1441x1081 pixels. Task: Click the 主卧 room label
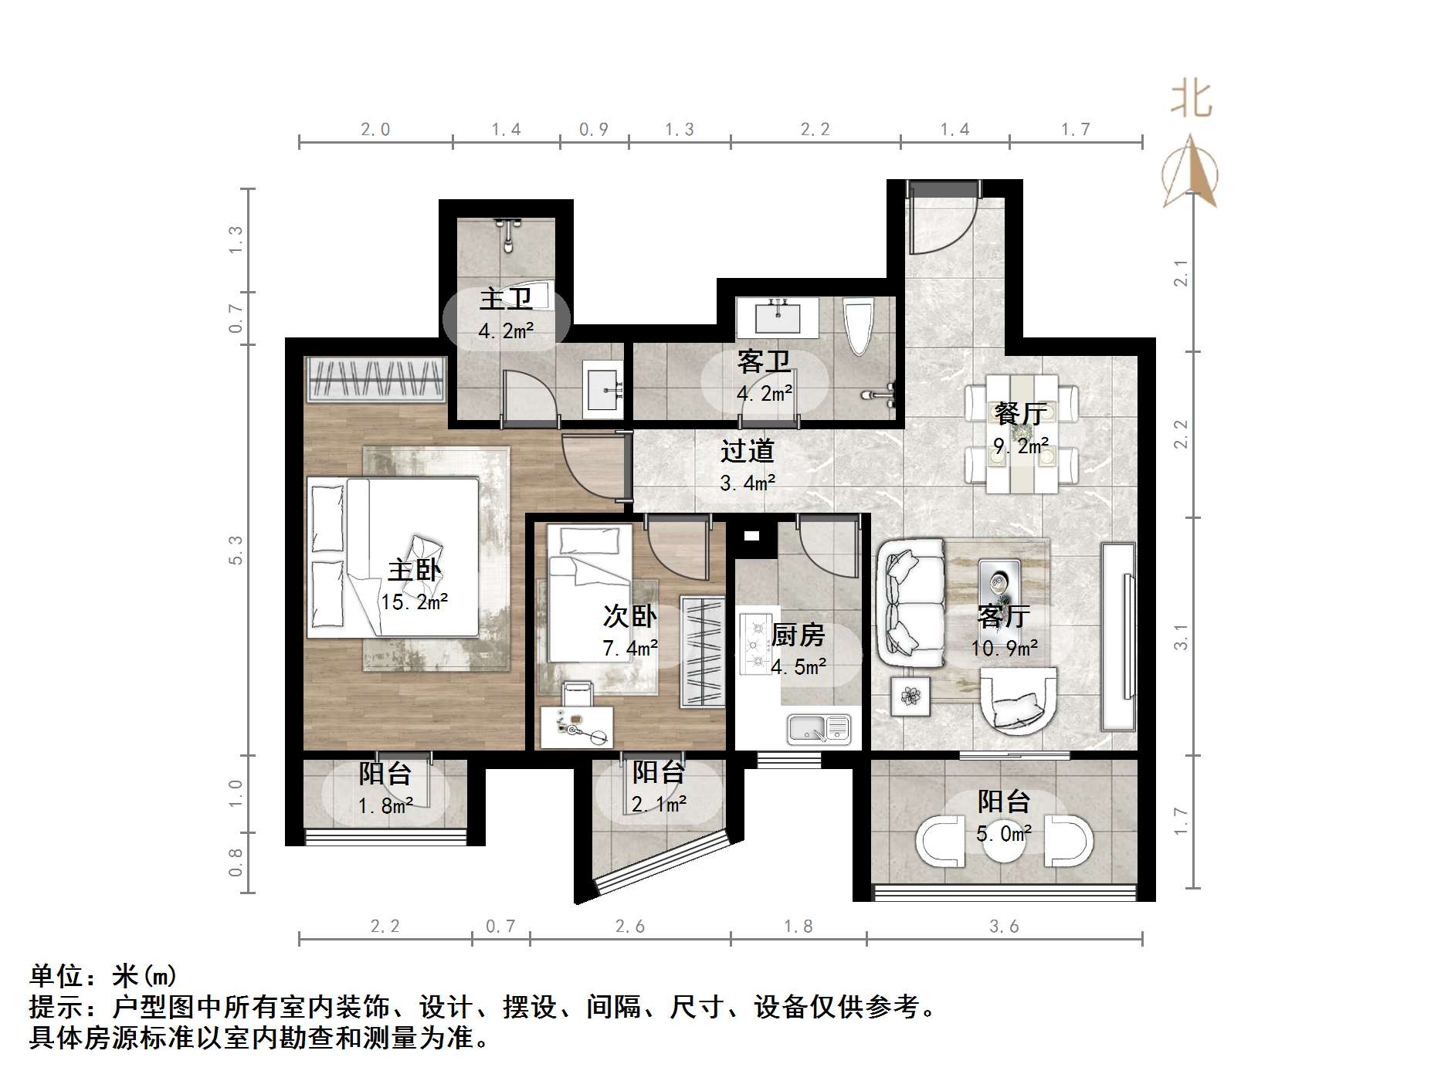414,571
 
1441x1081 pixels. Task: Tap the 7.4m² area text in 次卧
630,648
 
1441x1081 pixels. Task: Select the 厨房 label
798,635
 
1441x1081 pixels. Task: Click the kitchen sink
819,728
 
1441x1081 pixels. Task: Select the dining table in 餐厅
1021,434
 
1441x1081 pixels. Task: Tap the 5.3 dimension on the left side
236,550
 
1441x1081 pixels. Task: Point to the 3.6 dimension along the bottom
1004,926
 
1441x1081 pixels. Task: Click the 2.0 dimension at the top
375,130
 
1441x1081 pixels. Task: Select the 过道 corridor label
747,451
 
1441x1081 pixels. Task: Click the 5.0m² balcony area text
1004,834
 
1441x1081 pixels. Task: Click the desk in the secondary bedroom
576,726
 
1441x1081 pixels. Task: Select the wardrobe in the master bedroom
376,379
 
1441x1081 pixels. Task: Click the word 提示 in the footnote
56,1007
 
